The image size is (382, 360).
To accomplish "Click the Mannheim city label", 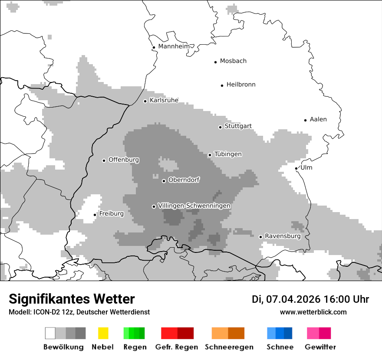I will click(x=174, y=46).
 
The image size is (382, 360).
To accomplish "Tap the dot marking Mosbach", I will click(x=215, y=62).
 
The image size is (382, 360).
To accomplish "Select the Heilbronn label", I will click(x=241, y=85).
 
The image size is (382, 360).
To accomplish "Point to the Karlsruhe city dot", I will click(x=145, y=101).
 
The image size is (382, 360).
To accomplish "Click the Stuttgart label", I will click(x=238, y=126).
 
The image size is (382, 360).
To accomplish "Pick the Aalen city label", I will click(x=318, y=119).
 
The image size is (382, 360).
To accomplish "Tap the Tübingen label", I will click(x=228, y=154).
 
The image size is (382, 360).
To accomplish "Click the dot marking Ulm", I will click(x=296, y=168).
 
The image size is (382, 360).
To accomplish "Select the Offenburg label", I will click(x=124, y=160).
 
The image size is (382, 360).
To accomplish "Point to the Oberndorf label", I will click(x=184, y=180).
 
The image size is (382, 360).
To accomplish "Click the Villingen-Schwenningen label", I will click(x=194, y=206).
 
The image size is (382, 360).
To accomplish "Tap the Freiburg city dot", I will click(x=95, y=215).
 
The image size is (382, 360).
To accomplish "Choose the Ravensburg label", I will click(x=283, y=236).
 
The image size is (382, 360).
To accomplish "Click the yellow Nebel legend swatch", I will click(x=103, y=333).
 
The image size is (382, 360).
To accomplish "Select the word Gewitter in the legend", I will click(x=320, y=347).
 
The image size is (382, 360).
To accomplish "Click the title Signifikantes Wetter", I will click(x=72, y=299).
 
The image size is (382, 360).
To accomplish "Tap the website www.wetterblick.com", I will click(x=313, y=312).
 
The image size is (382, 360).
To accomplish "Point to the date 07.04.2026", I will click(x=293, y=299).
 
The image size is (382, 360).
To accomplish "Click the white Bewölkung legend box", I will click(x=50, y=333).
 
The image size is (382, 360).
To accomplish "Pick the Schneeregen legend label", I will click(x=229, y=347).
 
